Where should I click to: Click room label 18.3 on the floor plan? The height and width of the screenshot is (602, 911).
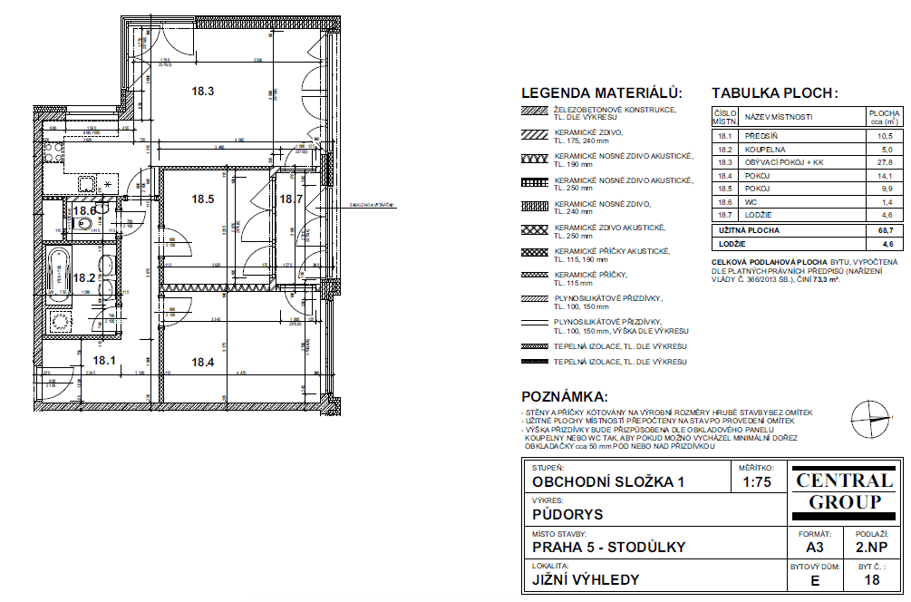coord(202,91)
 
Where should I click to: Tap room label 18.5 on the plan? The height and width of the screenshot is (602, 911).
coord(202,199)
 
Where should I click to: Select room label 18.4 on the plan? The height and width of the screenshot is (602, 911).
coord(202,362)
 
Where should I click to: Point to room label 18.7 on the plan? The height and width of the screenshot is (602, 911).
coord(291,199)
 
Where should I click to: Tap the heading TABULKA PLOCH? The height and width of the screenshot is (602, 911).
coord(775,93)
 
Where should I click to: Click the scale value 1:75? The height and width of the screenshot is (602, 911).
coord(757,482)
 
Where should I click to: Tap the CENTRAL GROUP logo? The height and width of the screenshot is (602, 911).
coord(844,490)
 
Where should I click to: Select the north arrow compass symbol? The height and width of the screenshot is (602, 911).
coord(871,417)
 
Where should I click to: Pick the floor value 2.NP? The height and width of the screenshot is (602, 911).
coord(871,548)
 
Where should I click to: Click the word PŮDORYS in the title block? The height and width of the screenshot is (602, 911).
coord(567,515)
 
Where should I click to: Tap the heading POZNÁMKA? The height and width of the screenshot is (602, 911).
coord(564,397)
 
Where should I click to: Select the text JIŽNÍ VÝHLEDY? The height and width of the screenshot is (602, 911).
coord(586,580)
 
